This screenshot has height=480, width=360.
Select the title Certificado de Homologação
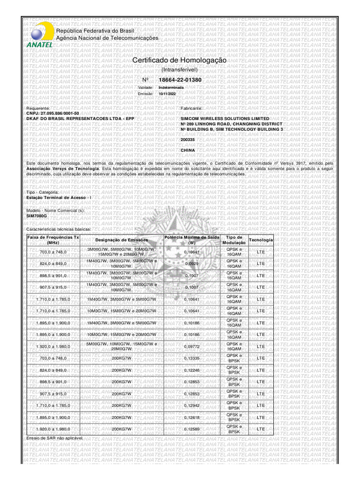180,61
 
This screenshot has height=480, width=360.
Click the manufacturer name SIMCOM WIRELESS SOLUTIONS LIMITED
225,119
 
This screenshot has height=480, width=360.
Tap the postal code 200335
187,140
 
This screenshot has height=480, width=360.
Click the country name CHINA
187,150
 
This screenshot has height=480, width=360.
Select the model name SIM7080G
37,216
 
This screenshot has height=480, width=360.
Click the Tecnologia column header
261,240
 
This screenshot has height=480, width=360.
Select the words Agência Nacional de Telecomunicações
107,37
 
